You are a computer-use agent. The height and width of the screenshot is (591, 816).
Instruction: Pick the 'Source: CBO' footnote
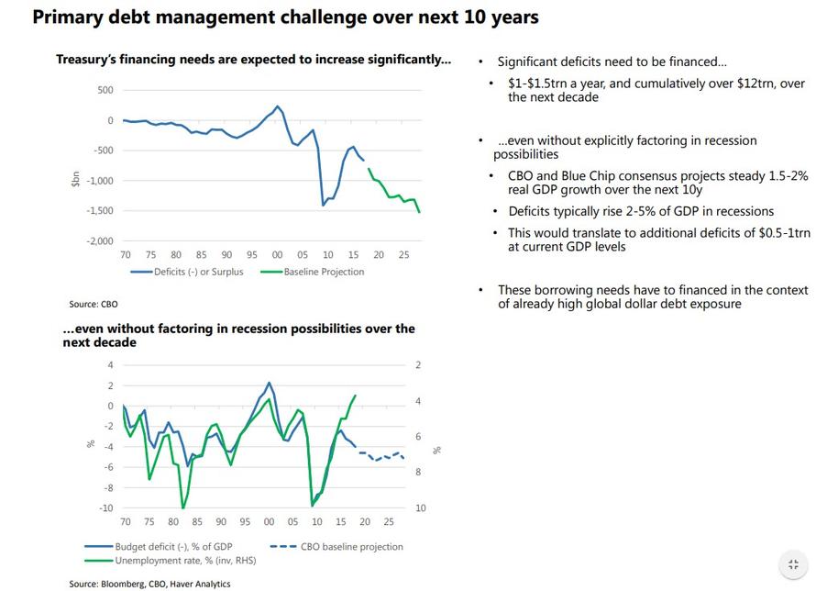pyautogui.click(x=94, y=304)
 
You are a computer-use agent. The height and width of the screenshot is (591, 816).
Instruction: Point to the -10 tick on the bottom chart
pyautogui.click(x=107, y=508)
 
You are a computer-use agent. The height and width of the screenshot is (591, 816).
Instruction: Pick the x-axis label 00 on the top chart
pyautogui.click(x=277, y=254)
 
